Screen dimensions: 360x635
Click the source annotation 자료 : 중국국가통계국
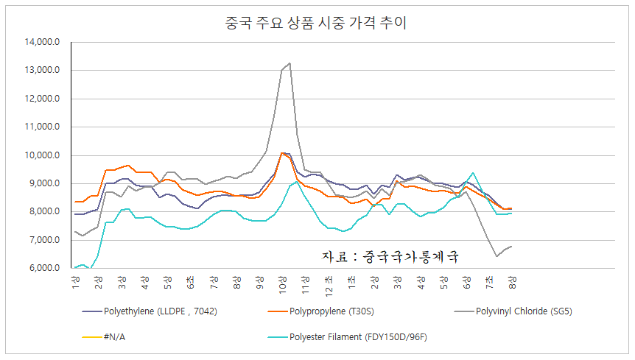390,257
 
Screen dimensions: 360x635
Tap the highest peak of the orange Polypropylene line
282,153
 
